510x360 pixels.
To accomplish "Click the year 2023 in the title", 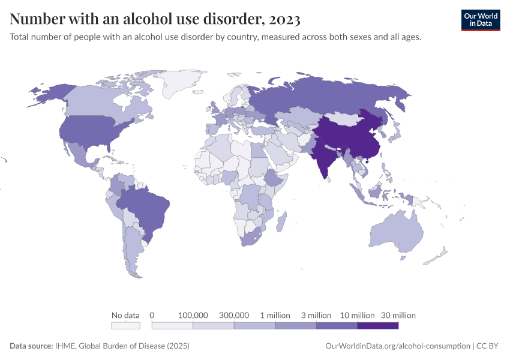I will [x=285, y=19].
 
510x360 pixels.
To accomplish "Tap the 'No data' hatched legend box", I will [x=125, y=326].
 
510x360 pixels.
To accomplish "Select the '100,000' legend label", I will [x=193, y=315].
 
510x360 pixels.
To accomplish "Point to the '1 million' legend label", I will [x=275, y=315].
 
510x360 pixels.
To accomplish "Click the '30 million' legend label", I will [x=398, y=315].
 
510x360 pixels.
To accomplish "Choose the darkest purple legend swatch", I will [x=377, y=326].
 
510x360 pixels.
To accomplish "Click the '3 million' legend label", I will [x=316, y=315].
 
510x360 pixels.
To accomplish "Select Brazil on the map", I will [x=147, y=207].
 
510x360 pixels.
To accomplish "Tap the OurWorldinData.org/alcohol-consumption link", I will [x=397, y=346].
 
